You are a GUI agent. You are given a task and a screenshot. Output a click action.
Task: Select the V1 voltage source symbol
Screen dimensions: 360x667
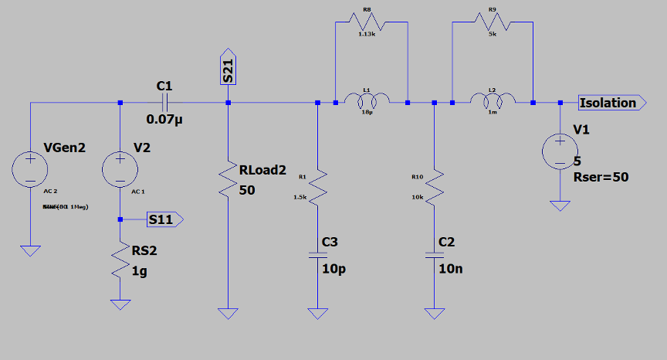[560, 151]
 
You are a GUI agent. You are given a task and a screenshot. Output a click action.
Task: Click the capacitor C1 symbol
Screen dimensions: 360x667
[165, 103]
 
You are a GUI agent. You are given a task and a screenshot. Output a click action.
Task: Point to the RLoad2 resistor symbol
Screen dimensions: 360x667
[228, 180]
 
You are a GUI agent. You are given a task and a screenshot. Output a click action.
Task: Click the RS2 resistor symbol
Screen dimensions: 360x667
[120, 261]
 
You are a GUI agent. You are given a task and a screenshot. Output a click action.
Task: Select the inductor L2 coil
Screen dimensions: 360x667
[493, 100]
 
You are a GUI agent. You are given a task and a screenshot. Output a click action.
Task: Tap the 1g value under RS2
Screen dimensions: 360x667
[139, 271]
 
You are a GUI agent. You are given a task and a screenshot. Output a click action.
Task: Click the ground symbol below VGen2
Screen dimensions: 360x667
[30, 250]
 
